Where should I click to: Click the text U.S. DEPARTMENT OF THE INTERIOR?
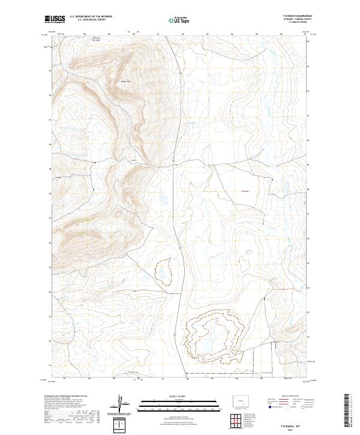coord(90,16)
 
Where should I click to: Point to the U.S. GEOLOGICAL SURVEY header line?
coord(90,20)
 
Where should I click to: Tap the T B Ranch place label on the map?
coord(244,191)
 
